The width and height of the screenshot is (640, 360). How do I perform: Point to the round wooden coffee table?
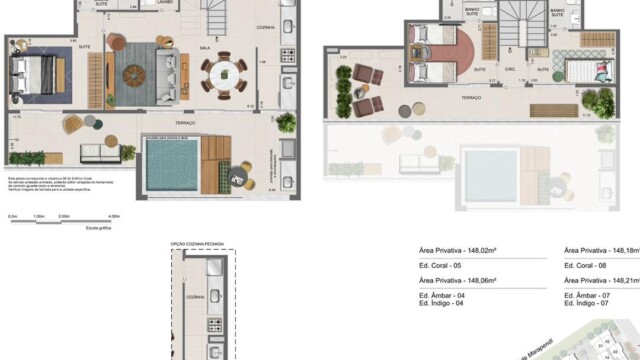(x=138, y=74)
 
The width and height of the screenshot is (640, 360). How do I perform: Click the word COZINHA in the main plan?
(x=264, y=26)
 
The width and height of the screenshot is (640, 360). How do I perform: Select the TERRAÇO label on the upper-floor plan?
(x=470, y=98)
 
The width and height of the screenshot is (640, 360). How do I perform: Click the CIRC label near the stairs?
(x=508, y=70)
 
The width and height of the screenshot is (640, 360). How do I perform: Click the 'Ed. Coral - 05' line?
(x=441, y=266)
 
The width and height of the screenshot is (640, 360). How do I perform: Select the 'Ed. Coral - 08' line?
(x=585, y=266)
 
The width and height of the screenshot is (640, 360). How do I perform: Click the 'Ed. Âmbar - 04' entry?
(x=442, y=295)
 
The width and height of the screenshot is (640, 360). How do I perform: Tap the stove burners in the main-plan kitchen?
(x=289, y=54)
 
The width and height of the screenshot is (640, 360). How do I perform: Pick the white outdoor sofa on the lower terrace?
(x=99, y=153)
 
